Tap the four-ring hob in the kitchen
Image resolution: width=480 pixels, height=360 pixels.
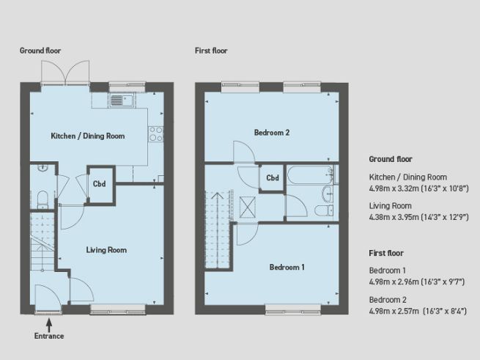[x=155, y=133]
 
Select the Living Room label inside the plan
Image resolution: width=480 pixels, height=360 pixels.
[x=106, y=250]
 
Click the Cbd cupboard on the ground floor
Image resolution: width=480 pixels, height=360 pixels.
[x=100, y=183]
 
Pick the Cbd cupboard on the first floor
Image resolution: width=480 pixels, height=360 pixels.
[x=272, y=178]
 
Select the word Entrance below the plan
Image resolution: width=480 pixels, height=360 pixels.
[x=49, y=336]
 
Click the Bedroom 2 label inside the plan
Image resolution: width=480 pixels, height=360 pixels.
[x=272, y=133]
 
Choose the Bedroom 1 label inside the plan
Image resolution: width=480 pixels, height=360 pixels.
[x=287, y=267]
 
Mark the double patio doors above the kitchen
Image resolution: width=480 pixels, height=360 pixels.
[x=65, y=73]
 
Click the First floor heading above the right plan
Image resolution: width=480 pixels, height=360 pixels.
[x=212, y=51]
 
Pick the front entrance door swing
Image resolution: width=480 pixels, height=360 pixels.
[x=48, y=298]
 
